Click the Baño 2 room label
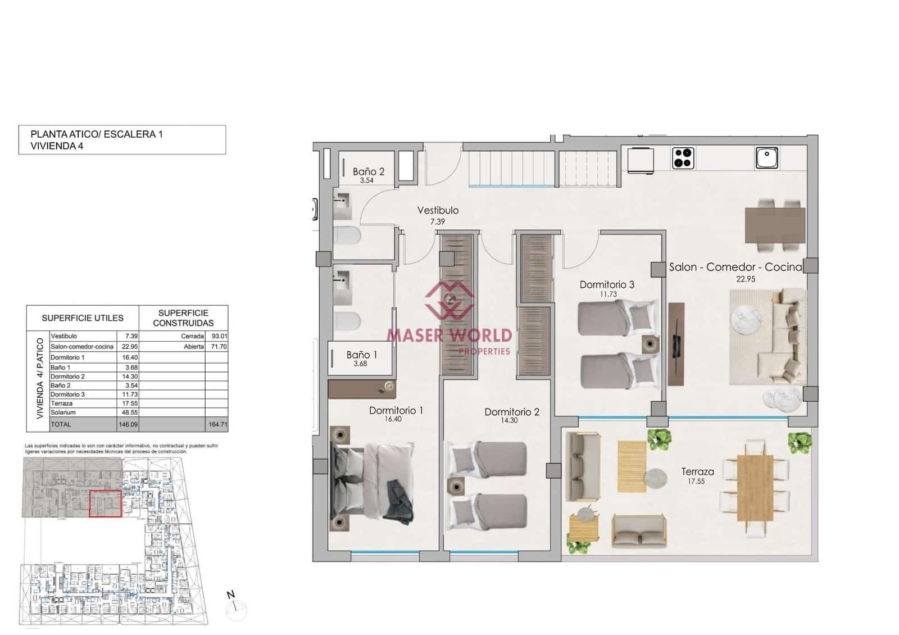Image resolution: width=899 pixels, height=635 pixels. coord(369,171)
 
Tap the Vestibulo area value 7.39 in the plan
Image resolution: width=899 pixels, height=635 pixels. coord(437,221)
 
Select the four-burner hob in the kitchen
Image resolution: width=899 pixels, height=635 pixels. coord(683,158)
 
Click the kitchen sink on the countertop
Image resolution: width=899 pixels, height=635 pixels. coord(766,157)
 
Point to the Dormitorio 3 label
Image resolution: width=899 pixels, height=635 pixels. coord(607,285)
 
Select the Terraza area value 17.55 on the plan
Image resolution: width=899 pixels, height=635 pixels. coord(696,482)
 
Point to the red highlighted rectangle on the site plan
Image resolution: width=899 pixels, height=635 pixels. coord(105,504)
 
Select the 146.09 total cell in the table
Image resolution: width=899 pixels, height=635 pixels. coord(128,424)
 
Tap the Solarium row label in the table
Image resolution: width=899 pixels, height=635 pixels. coord(63,412)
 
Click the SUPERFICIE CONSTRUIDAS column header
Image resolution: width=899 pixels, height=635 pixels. coord(183,317)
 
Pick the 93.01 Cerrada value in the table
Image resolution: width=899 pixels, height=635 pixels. coord(219,336)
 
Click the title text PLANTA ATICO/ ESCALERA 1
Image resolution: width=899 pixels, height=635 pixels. coord(97,134)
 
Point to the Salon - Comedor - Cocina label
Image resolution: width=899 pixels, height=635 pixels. coord(735,267)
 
